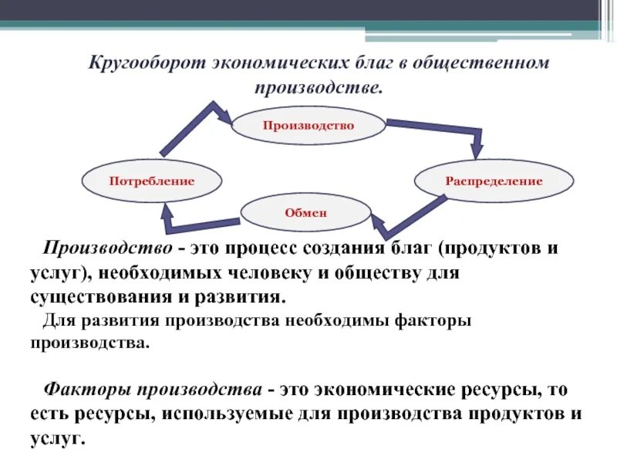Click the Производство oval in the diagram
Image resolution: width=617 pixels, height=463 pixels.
(308, 126)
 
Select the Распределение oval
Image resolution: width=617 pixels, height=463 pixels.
(494, 181)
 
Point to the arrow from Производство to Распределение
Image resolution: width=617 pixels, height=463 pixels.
(440, 130)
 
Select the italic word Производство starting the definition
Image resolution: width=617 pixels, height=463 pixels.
(106, 250)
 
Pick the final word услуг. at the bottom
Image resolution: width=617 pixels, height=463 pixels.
(56, 438)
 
